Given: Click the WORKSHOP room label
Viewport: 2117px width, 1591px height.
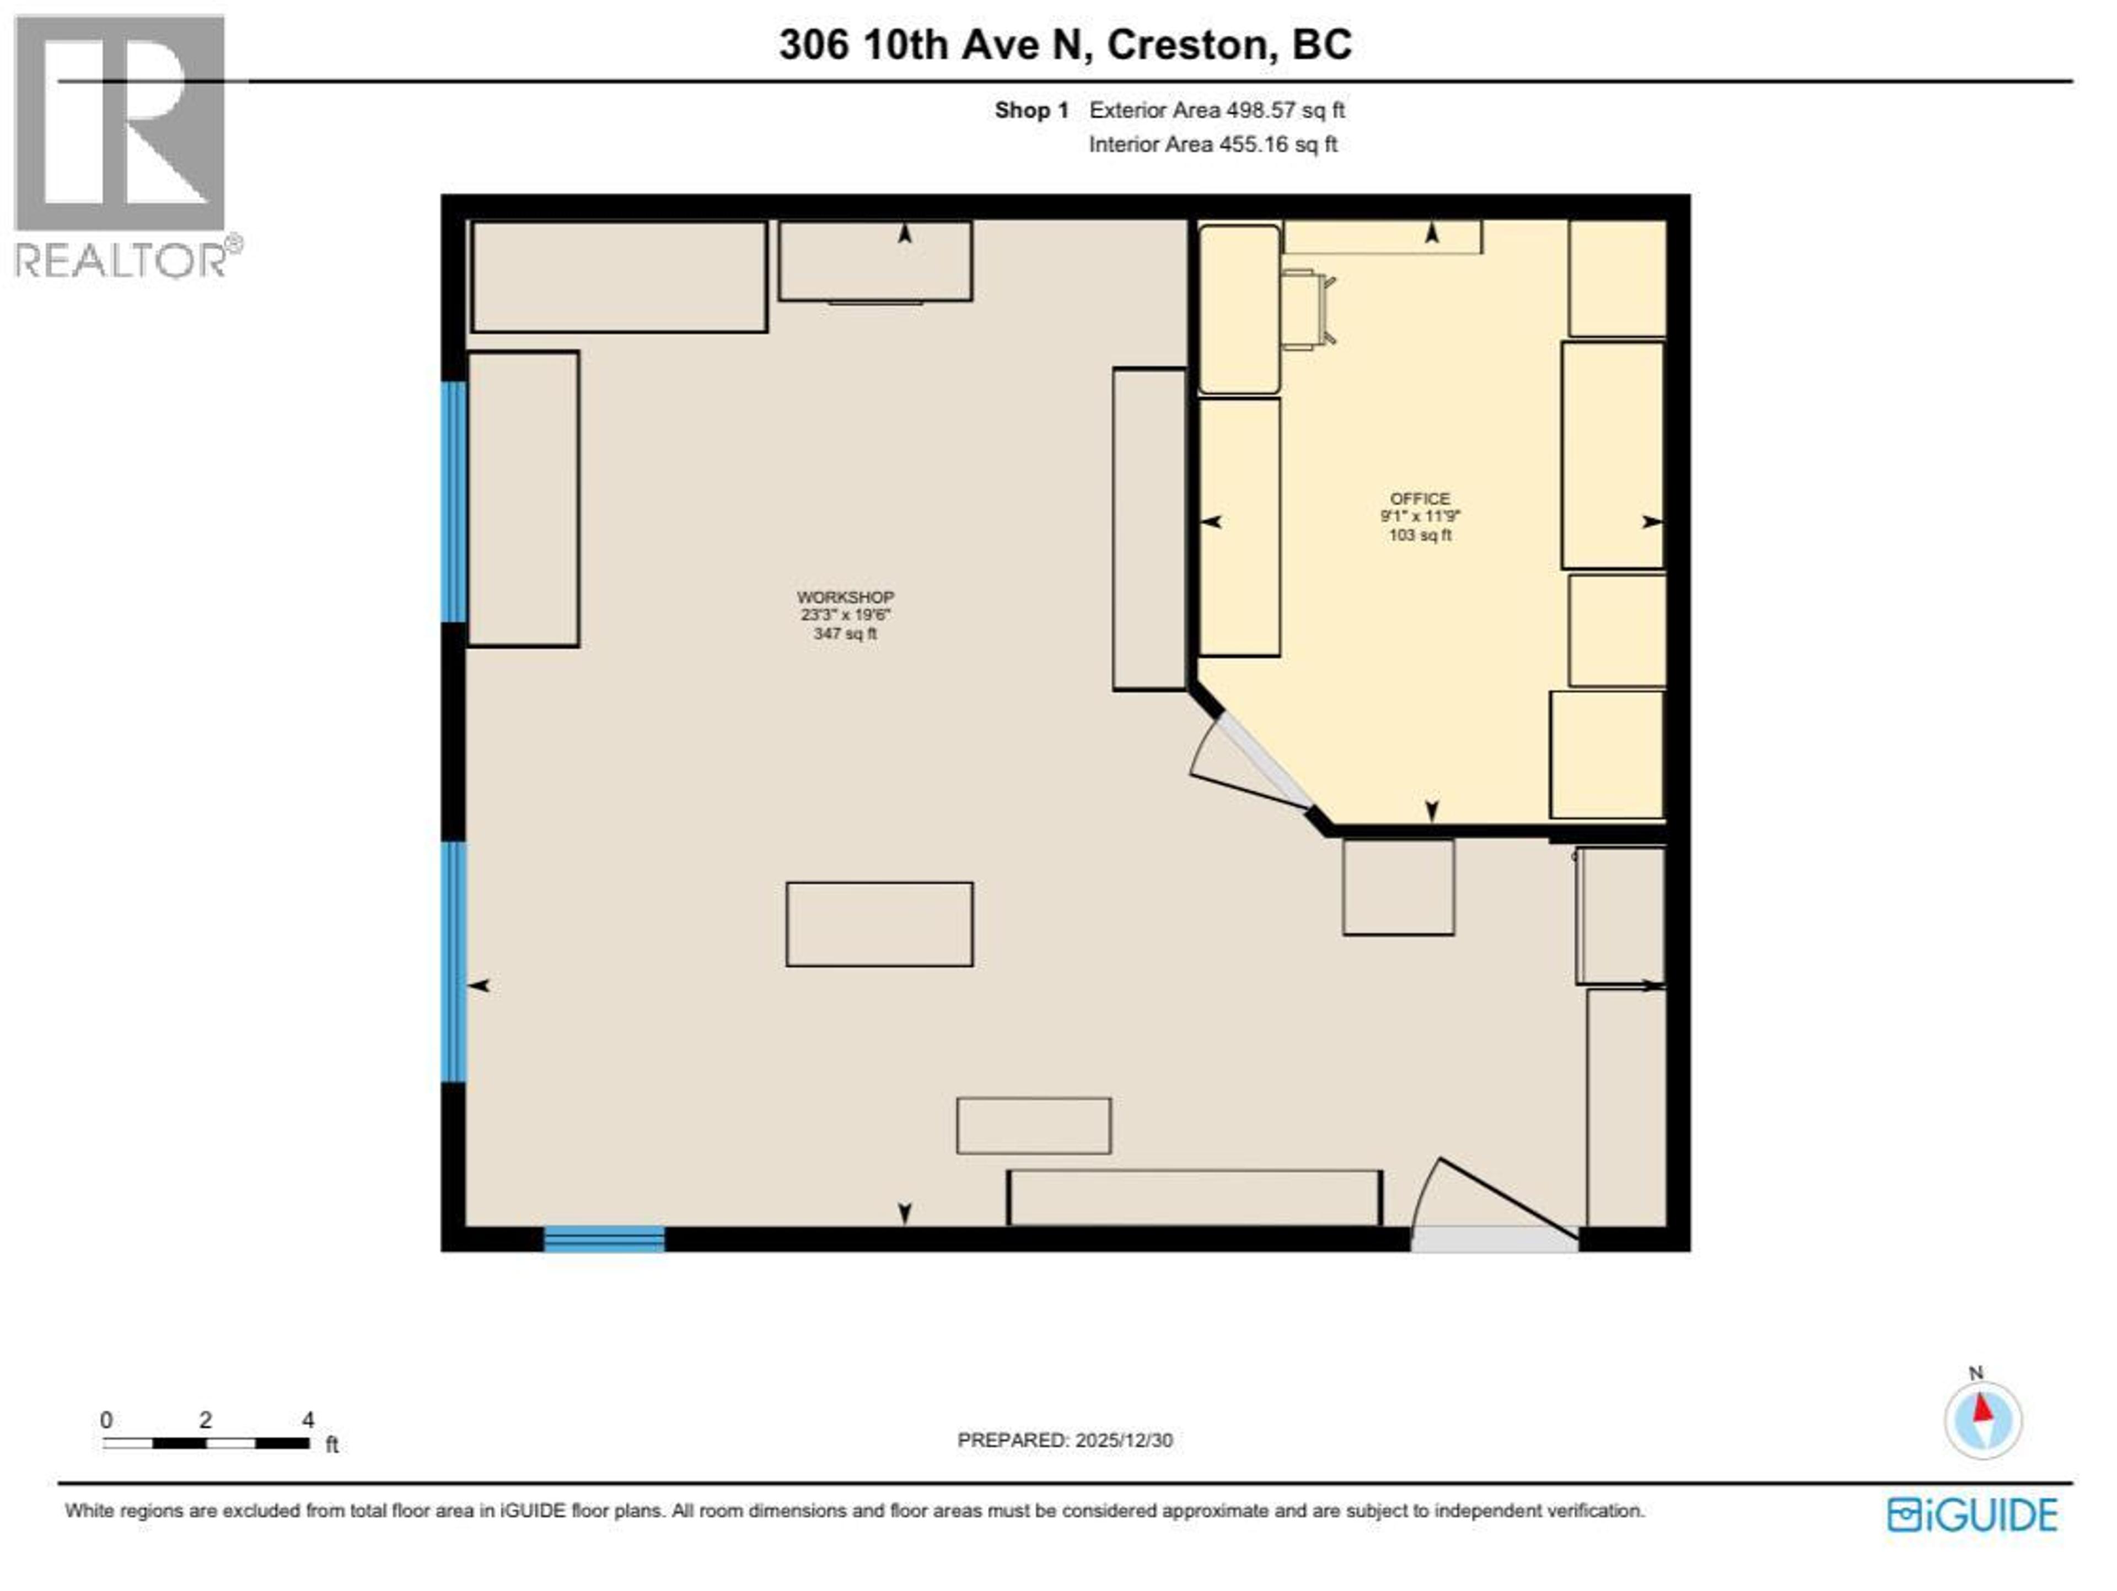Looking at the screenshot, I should pyautogui.click(x=845, y=597).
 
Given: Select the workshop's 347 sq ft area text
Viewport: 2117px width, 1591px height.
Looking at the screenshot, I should pyautogui.click(x=845, y=633).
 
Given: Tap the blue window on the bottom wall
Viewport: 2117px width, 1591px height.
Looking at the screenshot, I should pyautogui.click(x=604, y=1239).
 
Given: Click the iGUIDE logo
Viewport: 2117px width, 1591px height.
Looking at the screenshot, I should pyautogui.click(x=1973, y=1514).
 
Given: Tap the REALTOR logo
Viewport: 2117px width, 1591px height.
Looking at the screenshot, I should pyautogui.click(x=121, y=148).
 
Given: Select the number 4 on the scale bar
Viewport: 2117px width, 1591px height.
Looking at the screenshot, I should pyautogui.click(x=308, y=1420).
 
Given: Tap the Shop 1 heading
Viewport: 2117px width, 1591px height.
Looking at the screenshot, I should pyautogui.click(x=1031, y=110).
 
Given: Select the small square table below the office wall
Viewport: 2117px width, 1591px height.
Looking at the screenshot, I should pyautogui.click(x=1398, y=887).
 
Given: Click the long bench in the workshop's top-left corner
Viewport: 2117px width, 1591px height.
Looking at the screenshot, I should pyautogui.click(x=619, y=277).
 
